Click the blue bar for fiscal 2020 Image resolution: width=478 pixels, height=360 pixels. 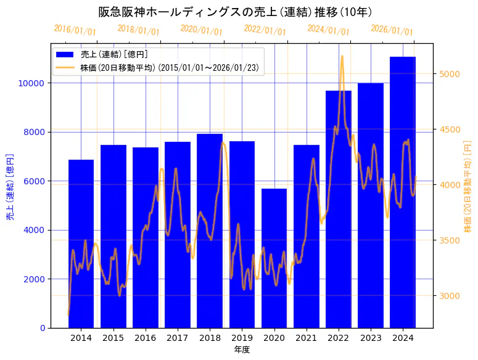[x=274, y=259]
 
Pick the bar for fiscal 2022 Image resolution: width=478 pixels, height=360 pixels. [x=339, y=210]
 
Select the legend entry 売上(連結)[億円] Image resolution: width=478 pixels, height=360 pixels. [x=114, y=54]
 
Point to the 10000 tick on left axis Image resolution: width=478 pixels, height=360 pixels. [x=35, y=83]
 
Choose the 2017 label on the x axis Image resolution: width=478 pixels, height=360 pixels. [x=178, y=338]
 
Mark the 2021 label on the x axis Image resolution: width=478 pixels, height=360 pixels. [x=306, y=338]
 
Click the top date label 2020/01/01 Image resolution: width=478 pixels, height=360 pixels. [x=201, y=30]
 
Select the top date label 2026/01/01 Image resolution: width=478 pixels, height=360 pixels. [x=392, y=30]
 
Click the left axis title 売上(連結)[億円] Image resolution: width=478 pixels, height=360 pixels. [x=10, y=186]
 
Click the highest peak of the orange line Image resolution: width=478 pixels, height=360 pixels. [x=342, y=56]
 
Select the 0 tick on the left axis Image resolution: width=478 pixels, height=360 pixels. [x=43, y=328]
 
